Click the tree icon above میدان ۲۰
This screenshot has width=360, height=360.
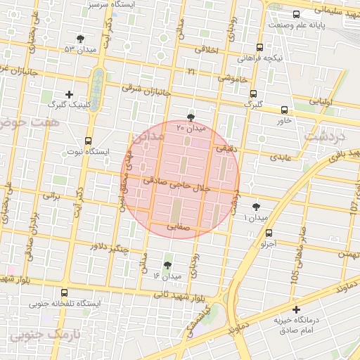(x=191, y=116)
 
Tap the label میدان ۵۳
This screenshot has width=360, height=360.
(x=78, y=49)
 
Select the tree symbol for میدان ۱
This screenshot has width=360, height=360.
(x=256, y=207)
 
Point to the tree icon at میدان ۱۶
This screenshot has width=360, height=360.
(x=167, y=264)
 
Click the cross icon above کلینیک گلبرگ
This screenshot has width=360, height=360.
(x=69, y=94)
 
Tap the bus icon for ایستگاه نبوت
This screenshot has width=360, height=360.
(x=88, y=140)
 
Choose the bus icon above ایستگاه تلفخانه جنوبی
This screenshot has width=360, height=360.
(x=65, y=292)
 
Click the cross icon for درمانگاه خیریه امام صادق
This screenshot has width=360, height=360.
(x=296, y=309)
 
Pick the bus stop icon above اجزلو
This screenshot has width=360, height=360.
(x=269, y=233)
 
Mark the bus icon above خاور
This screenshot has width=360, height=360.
(x=284, y=110)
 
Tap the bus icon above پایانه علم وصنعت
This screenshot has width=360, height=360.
(x=296, y=13)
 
